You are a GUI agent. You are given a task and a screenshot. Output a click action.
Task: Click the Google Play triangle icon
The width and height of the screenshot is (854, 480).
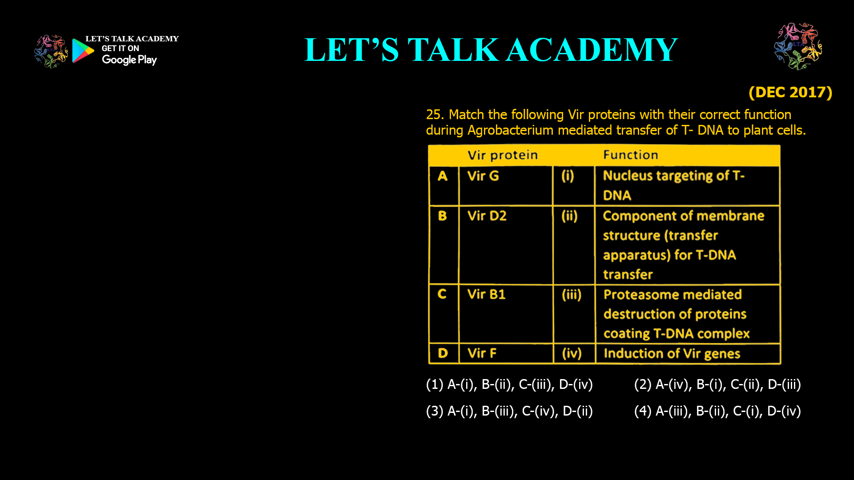click(83, 51)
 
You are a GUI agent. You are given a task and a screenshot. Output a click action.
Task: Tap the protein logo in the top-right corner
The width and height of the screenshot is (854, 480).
click(798, 46)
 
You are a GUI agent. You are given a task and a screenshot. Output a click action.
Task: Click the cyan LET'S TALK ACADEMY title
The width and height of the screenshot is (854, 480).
click(491, 50)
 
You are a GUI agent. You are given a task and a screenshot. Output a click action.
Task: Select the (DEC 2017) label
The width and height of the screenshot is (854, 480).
click(790, 92)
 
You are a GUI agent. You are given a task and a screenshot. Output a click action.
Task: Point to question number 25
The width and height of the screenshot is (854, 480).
click(435, 115)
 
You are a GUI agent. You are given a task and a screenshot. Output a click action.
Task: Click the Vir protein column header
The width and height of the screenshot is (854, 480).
click(503, 155)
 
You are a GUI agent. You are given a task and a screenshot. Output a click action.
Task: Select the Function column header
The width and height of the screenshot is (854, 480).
click(630, 155)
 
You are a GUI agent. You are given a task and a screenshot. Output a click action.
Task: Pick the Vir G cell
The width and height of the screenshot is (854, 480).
click(483, 176)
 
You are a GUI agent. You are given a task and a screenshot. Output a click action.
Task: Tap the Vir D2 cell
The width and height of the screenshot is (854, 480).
click(487, 216)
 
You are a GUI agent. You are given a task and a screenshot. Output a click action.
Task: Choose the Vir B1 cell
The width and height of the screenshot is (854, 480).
click(486, 294)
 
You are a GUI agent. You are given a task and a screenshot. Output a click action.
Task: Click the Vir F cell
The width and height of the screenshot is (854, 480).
click(482, 353)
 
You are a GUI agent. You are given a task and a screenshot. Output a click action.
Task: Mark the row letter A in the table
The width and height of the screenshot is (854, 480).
click(443, 176)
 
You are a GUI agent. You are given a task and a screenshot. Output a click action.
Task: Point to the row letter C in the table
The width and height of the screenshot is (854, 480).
click(442, 294)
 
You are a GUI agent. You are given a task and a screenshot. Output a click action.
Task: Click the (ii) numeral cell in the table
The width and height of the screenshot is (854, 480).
click(569, 216)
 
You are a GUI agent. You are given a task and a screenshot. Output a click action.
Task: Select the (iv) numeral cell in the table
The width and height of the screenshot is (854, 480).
click(572, 353)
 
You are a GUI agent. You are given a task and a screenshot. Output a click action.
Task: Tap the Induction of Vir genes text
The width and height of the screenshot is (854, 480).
click(672, 354)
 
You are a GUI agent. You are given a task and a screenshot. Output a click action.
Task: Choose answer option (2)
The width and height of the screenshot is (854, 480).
click(717, 384)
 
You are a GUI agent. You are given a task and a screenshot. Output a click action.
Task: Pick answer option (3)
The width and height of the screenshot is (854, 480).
click(509, 411)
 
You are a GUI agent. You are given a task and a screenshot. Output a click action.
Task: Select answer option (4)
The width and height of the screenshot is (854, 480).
click(717, 411)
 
